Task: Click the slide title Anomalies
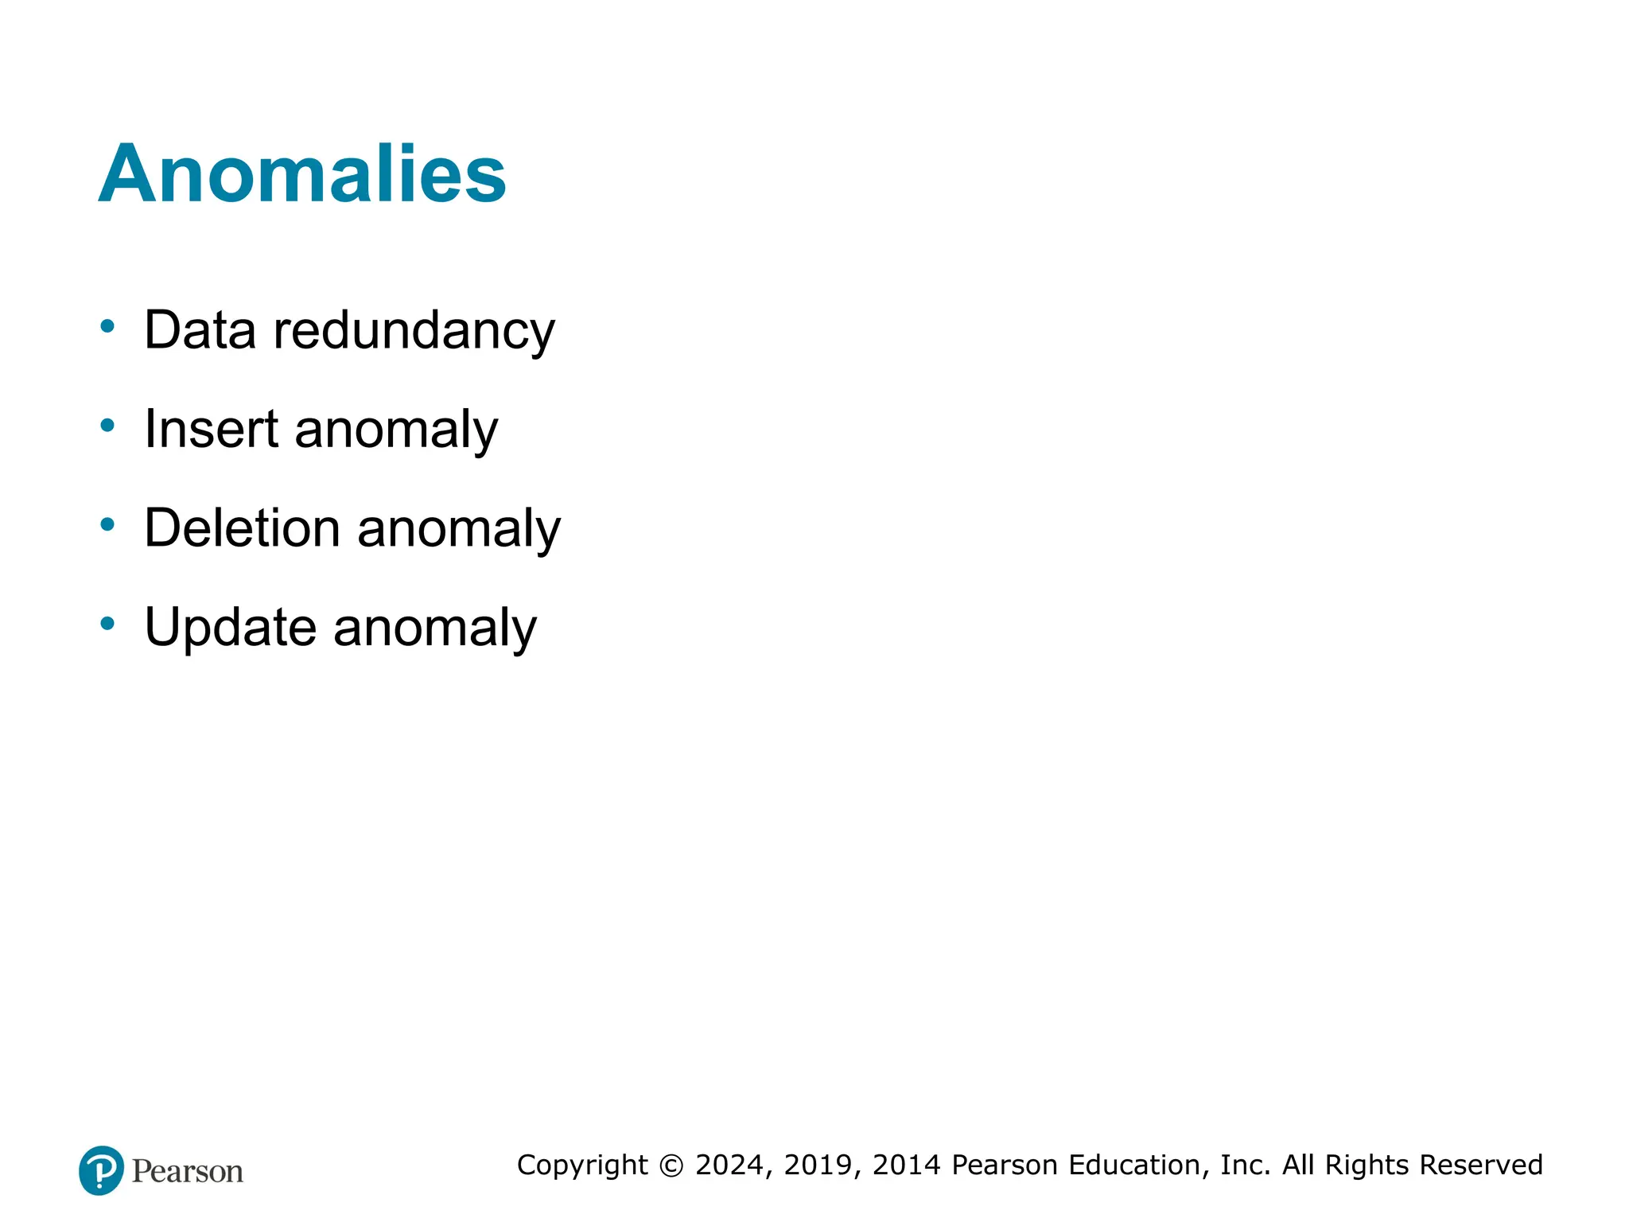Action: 302,174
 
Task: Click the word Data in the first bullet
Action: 200,330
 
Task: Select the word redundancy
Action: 414,330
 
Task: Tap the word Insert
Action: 211,430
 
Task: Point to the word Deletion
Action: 242,528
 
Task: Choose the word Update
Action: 231,628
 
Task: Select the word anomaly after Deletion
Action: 459,530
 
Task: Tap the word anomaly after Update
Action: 435,629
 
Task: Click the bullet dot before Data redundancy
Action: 107,326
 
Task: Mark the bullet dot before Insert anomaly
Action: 107,426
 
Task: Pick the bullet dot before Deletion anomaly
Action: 107,524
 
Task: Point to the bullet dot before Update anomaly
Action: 107,624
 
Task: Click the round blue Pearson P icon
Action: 101,1170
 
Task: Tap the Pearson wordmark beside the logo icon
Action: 188,1172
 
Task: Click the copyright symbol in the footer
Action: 671,1166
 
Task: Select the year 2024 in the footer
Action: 729,1166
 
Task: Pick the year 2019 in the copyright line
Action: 818,1166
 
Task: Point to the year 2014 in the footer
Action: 907,1166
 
